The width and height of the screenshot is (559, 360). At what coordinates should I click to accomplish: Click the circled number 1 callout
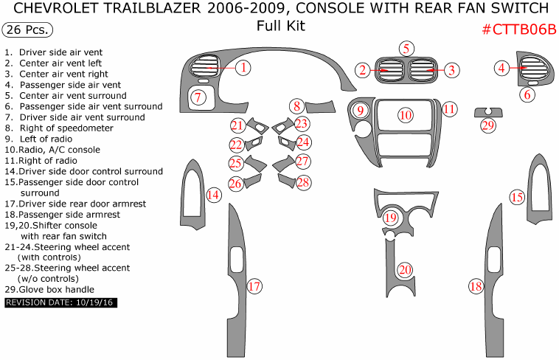pos(243,68)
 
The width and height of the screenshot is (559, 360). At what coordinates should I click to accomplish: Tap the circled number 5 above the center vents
pos(406,49)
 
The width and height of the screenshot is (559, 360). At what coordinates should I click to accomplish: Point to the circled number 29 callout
pos(487,125)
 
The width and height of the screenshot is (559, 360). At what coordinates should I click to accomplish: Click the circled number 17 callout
pos(254,285)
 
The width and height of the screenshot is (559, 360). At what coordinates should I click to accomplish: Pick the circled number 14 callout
pos(212,195)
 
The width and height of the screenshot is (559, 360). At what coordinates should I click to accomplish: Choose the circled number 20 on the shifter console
pos(404,270)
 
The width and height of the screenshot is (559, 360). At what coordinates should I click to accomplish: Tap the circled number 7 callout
pos(198,97)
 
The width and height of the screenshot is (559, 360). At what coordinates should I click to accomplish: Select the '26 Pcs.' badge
pos(28,30)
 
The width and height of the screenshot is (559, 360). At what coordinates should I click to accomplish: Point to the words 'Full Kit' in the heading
pos(280,27)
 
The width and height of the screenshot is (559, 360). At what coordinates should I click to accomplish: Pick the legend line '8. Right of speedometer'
pos(59,128)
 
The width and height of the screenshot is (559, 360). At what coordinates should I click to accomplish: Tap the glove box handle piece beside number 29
pos(487,111)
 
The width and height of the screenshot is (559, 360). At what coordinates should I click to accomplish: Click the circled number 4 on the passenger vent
pos(501,68)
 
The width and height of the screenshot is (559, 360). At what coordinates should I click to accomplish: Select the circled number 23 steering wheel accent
pos(301,124)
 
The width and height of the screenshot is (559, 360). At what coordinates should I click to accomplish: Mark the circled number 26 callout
pos(235,182)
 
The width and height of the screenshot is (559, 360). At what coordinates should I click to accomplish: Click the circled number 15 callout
pos(517,197)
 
